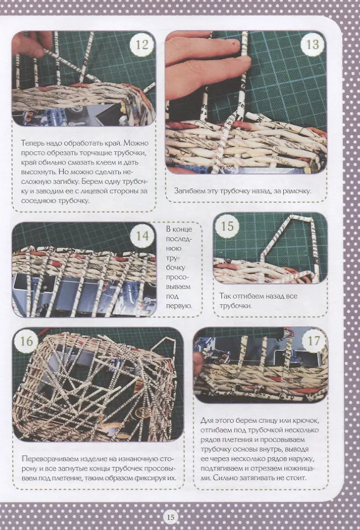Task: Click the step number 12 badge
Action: (x=142, y=44)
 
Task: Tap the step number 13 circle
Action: (x=312, y=44)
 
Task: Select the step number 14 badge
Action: (x=142, y=236)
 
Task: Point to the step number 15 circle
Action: (x=227, y=226)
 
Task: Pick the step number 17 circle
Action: (x=314, y=340)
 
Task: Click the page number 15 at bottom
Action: (x=171, y=517)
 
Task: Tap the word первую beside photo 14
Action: (x=179, y=306)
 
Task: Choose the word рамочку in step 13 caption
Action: (x=297, y=191)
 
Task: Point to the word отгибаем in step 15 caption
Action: (x=249, y=296)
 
